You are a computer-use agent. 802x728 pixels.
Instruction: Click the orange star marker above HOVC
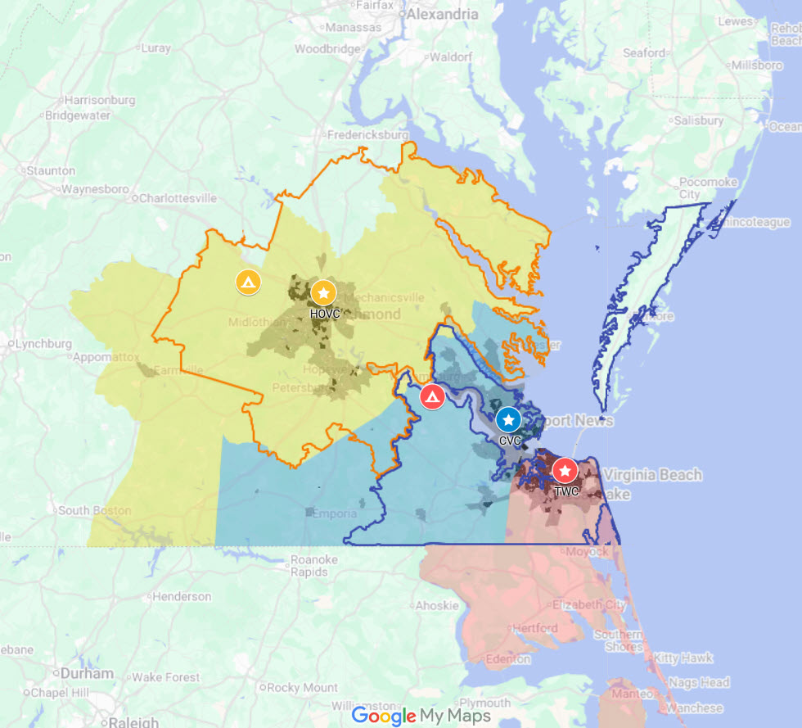324,292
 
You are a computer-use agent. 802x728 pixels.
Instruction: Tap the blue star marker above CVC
508,420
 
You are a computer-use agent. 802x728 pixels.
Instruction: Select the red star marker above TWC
564,471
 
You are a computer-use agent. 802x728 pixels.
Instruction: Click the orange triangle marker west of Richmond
248,282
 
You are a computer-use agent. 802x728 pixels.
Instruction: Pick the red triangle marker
432,397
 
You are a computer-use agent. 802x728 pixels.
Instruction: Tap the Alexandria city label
442,14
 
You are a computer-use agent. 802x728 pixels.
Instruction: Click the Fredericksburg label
367,134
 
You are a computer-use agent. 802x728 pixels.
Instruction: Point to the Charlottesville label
178,198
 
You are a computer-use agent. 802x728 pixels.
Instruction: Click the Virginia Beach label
652,475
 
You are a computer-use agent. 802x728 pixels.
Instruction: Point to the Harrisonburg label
100,100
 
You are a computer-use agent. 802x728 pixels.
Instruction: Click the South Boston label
94,510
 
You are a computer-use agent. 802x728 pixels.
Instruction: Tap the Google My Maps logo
421,716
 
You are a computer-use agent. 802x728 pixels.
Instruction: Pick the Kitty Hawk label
683,658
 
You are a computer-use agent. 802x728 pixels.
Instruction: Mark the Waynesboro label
95,189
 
